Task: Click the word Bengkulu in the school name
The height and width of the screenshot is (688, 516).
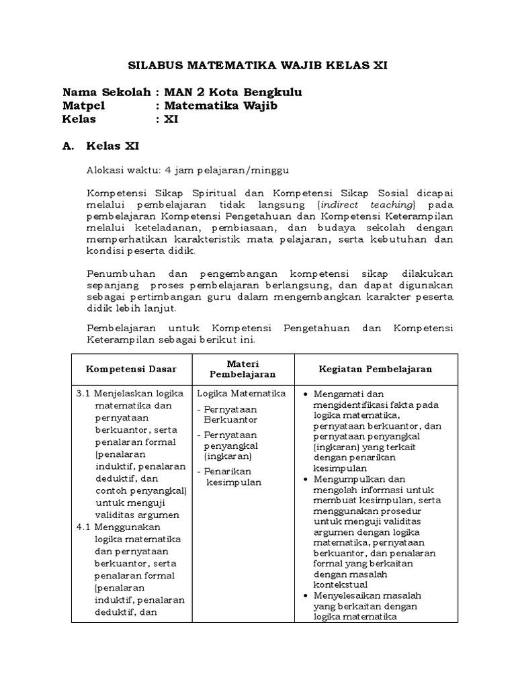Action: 272,92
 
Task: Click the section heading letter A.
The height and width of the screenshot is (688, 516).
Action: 67,146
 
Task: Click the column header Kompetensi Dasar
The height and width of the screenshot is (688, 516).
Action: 131,370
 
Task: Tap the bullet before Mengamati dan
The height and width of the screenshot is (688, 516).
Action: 306,394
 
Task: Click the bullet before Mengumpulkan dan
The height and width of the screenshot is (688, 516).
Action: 306,479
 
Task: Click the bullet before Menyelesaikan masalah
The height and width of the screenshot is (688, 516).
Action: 306,596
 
